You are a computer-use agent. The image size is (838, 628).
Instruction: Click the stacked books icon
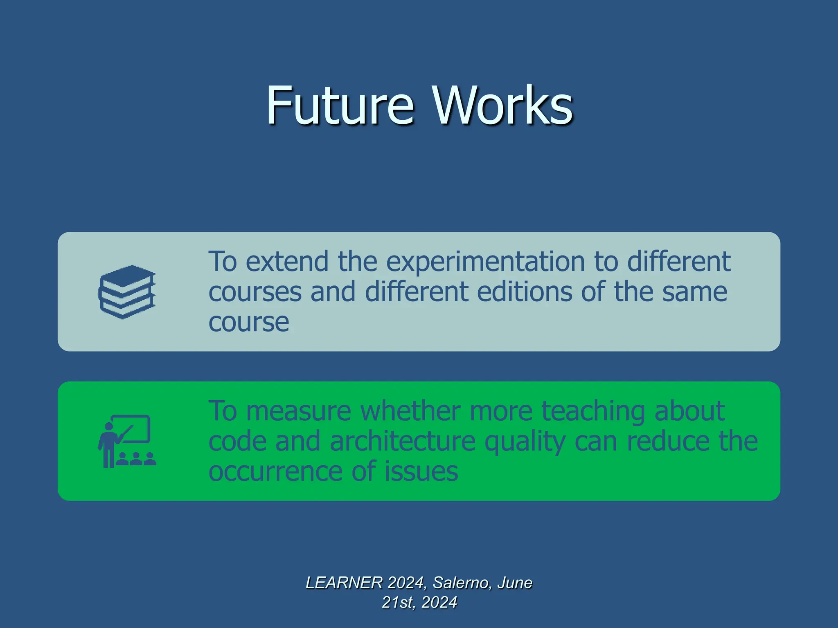(x=127, y=292)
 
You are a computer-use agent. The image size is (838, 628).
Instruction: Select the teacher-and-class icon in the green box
(x=127, y=441)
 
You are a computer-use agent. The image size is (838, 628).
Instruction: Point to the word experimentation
(x=485, y=262)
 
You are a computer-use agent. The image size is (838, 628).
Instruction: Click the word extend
(x=287, y=262)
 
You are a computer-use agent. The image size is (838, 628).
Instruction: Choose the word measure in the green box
(x=298, y=411)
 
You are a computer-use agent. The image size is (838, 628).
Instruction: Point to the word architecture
(x=402, y=442)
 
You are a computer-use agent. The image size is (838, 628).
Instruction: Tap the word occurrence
(x=275, y=471)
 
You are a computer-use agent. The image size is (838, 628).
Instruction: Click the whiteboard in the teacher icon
(x=135, y=428)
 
